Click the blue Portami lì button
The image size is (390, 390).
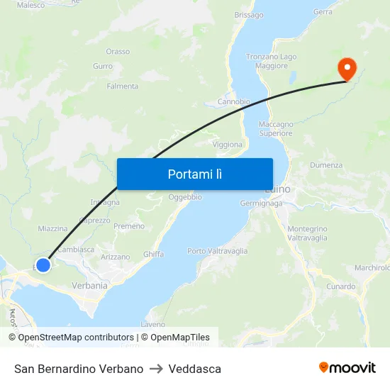[194, 174]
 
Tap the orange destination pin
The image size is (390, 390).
[347, 69]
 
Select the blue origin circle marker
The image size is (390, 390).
[43, 264]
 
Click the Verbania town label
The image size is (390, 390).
[89, 286]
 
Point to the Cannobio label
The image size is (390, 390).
[233, 101]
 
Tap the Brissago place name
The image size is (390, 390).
[248, 15]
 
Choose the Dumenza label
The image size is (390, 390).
[326, 165]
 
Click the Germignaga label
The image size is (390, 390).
[261, 203]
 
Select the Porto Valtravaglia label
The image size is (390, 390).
[217, 251]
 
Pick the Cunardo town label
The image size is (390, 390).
[341, 286]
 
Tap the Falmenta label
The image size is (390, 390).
[122, 87]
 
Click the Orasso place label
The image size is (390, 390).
[118, 52]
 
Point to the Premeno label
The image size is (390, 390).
[129, 226]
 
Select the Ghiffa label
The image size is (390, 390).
[153, 254]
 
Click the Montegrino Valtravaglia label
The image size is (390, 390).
[307, 234]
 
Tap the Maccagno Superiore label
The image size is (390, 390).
[276, 129]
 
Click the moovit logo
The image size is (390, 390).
[347, 368]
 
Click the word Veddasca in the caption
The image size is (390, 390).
[195, 369]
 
